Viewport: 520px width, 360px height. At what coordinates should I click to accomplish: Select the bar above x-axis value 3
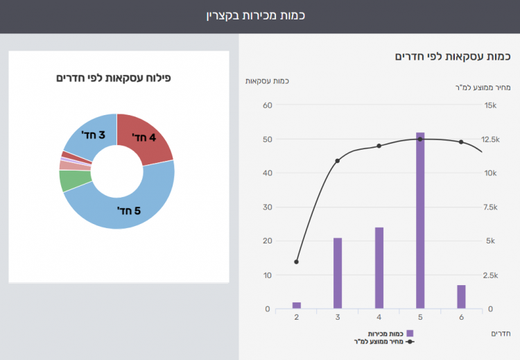(338, 273)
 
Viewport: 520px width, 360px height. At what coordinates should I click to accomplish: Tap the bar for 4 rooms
(379, 268)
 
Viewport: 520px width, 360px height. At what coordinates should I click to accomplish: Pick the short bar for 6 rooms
(461, 297)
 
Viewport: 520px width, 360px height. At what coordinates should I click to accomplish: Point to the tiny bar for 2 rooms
(297, 305)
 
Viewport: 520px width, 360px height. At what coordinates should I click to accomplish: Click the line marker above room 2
(297, 262)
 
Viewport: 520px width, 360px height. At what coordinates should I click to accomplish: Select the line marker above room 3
(338, 161)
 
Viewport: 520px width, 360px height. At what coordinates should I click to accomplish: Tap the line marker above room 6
(461, 142)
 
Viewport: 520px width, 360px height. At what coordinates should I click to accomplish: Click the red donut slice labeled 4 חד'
(143, 138)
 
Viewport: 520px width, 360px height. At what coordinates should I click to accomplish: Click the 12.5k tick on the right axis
(491, 139)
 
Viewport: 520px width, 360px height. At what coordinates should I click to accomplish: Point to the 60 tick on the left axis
(267, 105)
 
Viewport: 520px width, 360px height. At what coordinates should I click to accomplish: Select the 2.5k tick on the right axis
(491, 275)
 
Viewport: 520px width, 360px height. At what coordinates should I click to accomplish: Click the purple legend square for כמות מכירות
(410, 334)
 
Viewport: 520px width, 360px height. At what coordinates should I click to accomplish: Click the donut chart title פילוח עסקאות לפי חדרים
(114, 78)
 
